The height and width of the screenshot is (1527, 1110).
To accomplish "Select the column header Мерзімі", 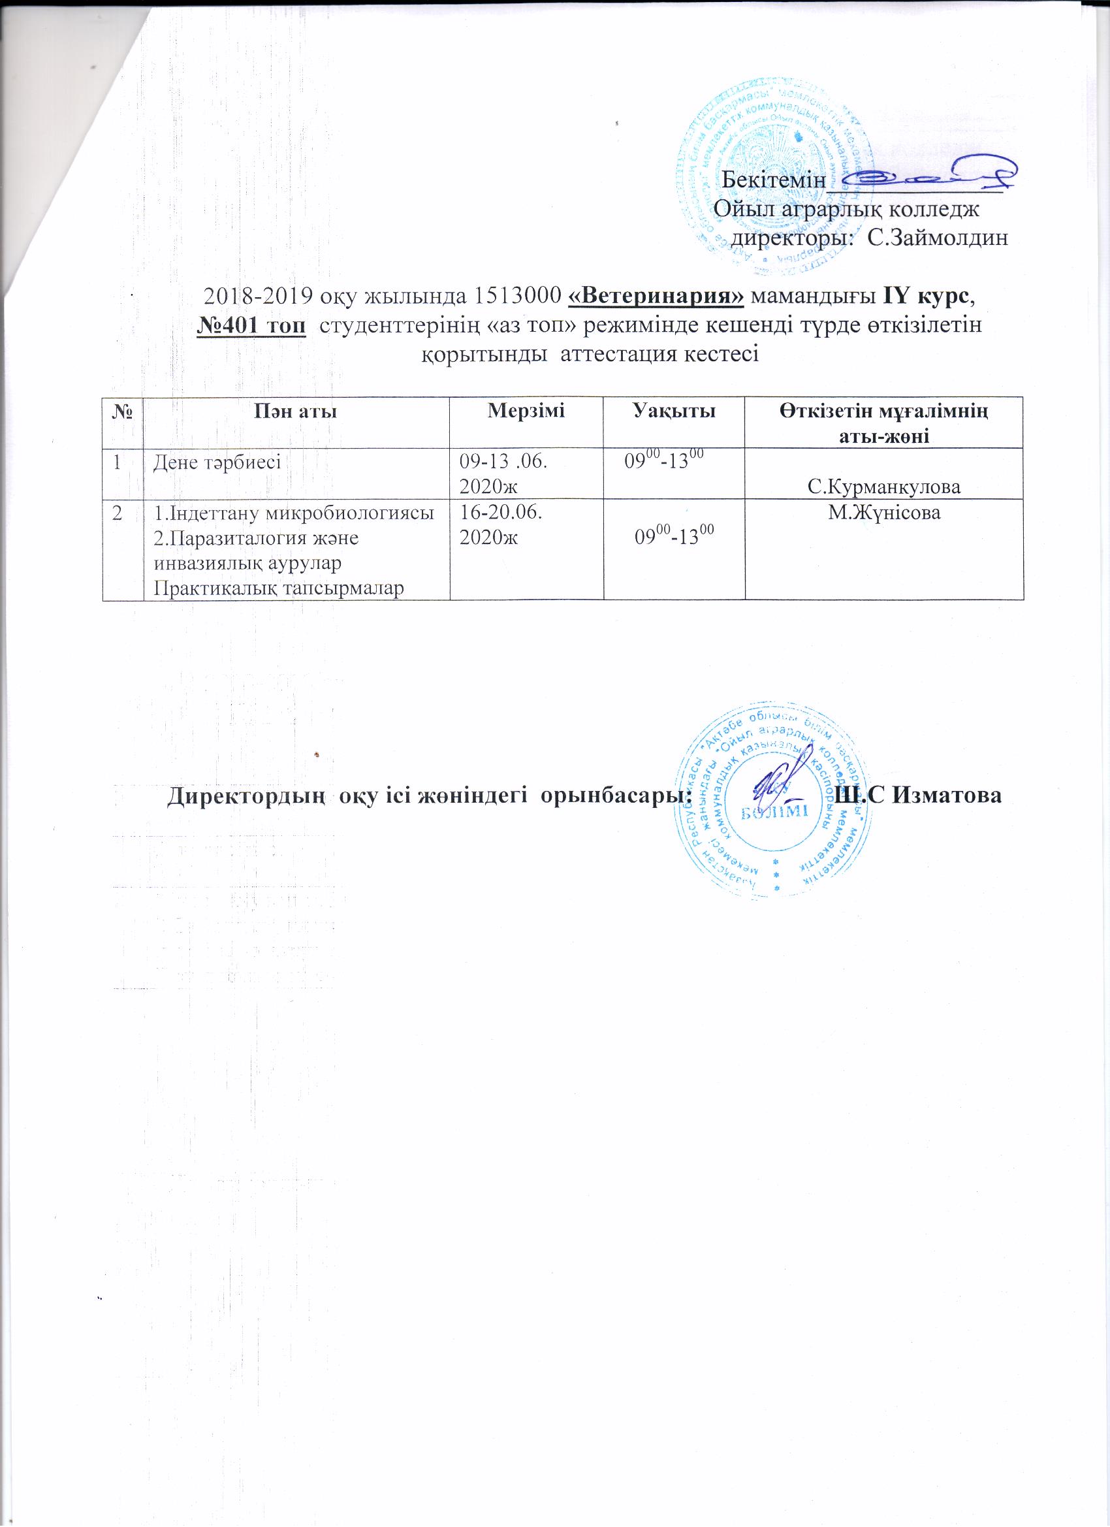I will point(526,411).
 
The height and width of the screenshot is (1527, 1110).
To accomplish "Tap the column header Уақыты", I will point(673,411).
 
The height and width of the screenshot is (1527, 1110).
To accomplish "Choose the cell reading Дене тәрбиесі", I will point(217,462).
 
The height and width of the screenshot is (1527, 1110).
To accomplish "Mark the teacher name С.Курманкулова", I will point(884,486).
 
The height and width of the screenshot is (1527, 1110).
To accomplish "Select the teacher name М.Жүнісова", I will point(884,514).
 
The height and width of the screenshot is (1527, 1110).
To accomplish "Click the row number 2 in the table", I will point(118,513).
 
